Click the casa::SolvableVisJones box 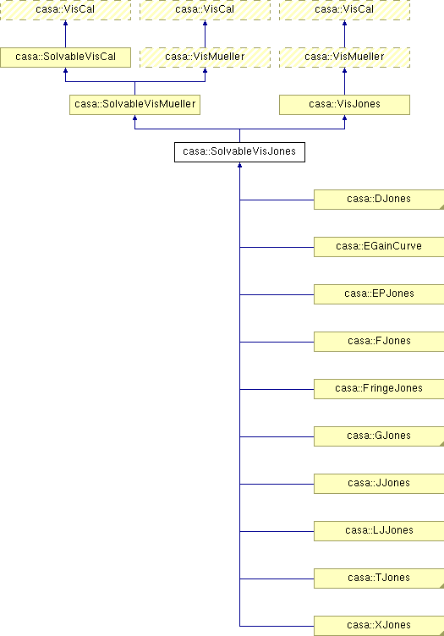239,152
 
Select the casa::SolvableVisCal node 65,58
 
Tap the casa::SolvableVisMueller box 134,105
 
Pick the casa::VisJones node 344,105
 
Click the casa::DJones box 379,200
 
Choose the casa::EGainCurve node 379,247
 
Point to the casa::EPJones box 379,294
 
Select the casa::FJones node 379,342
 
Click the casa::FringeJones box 379,389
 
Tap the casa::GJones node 379,436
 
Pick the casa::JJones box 379,484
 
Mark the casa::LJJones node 379,531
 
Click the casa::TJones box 379,578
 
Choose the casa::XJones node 379,626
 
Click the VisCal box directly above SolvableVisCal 65,10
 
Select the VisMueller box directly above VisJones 344,58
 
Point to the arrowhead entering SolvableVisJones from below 239,165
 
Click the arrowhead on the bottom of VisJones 344,118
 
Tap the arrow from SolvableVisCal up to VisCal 65,34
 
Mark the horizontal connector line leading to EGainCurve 277,247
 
